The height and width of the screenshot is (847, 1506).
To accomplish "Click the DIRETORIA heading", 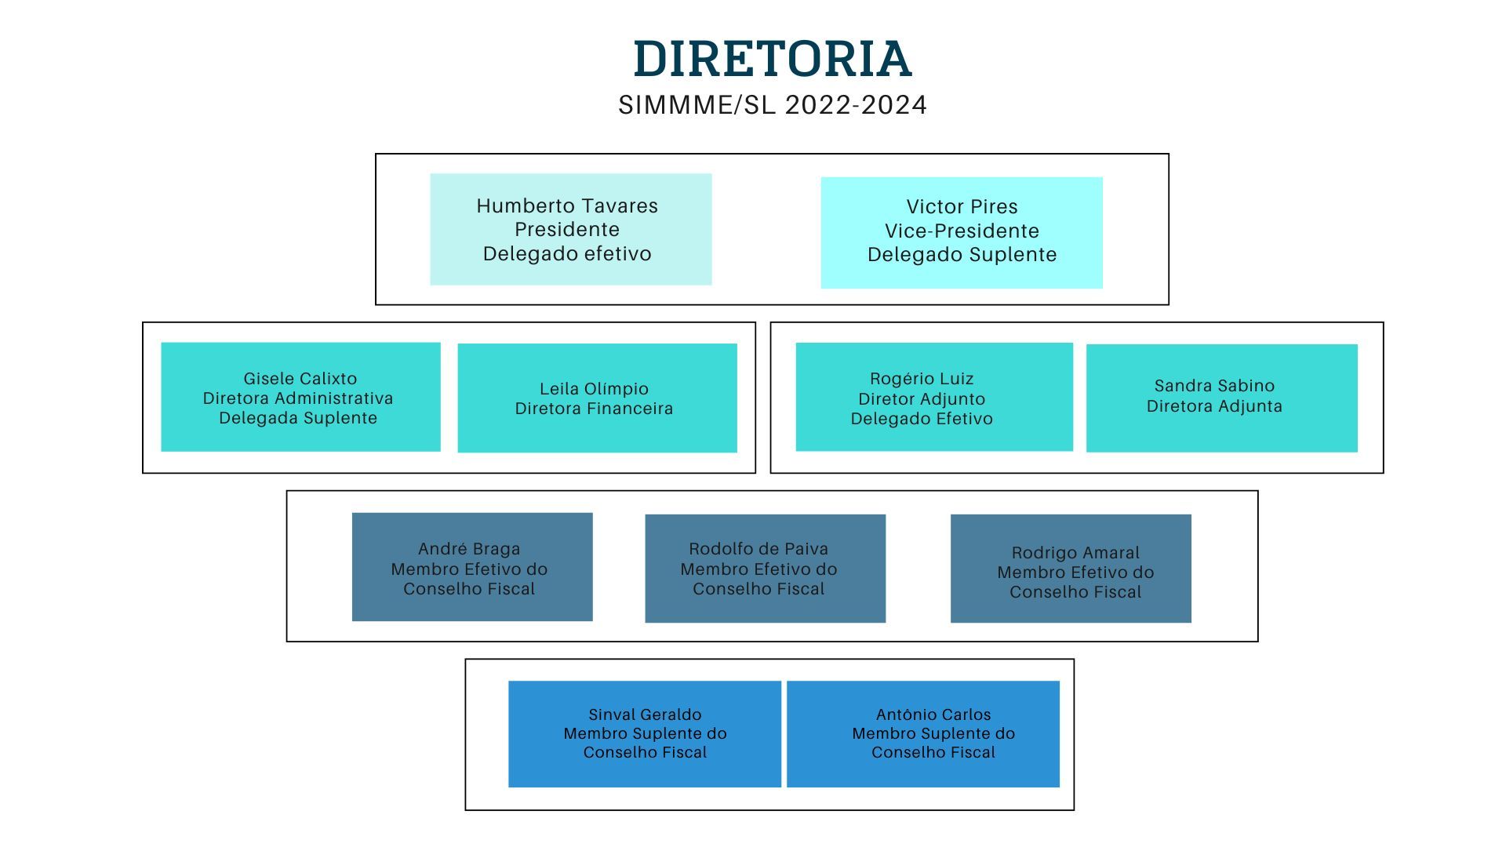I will click(x=773, y=59).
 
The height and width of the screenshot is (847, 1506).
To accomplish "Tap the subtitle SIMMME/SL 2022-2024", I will click(x=773, y=105).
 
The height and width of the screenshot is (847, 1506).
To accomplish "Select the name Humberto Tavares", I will click(x=567, y=206).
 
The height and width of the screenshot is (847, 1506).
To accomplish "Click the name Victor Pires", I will click(x=962, y=207).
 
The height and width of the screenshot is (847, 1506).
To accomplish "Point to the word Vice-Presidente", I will click(x=962, y=231).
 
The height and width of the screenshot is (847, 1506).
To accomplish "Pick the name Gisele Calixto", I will click(x=300, y=379).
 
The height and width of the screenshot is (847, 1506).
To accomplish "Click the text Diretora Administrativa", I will click(x=298, y=398).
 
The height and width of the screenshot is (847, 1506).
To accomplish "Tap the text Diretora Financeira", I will click(x=594, y=409).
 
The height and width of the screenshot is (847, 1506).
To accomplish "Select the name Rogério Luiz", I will click(x=922, y=379).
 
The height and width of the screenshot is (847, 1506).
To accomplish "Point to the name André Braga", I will click(x=469, y=549).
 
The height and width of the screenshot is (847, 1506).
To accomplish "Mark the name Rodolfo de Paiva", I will click(x=758, y=549).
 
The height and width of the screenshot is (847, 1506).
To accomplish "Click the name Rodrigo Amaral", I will click(x=1075, y=553).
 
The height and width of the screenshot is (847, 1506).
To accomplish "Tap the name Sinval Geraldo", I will click(x=645, y=714).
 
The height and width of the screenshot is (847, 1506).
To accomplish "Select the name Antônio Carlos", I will click(x=933, y=714).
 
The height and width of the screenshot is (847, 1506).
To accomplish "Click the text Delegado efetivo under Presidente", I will click(x=567, y=254).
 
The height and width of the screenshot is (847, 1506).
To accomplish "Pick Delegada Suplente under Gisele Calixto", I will click(x=298, y=418).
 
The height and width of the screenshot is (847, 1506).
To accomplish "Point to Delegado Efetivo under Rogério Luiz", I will click(x=922, y=419).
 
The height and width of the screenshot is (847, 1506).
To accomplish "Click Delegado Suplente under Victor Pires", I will click(x=962, y=255).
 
